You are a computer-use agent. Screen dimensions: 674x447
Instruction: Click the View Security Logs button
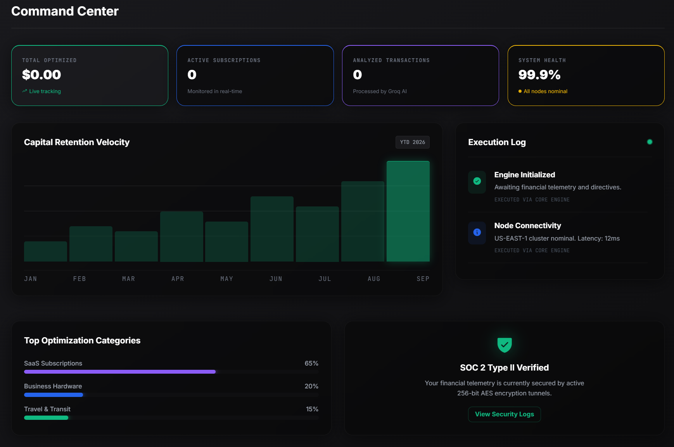pos(504,414)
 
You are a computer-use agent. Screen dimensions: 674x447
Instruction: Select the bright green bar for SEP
pos(408,211)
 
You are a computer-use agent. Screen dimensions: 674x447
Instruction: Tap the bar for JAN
pos(45,251)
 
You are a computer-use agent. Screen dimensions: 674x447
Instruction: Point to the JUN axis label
pos(276,279)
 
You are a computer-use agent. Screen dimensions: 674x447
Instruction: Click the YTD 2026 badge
pos(412,142)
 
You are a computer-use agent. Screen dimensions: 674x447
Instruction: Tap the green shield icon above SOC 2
pos(505,345)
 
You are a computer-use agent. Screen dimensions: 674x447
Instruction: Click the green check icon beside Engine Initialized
pos(477,181)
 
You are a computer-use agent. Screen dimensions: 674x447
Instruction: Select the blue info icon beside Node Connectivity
pos(477,232)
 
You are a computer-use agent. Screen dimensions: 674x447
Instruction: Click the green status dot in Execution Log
pos(650,142)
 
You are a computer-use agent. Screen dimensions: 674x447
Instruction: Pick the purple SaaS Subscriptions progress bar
pos(120,372)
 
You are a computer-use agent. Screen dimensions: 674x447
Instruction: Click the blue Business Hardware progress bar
pos(54,395)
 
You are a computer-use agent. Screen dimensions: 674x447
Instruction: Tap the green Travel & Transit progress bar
pos(46,418)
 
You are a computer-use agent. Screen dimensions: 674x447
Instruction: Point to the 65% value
pos(311,363)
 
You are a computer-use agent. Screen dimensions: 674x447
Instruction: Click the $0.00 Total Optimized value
pos(41,74)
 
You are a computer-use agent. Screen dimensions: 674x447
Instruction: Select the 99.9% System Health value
pos(539,74)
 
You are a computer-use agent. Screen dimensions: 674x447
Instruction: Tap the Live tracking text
pos(45,91)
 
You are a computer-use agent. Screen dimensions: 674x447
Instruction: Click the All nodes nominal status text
pos(545,91)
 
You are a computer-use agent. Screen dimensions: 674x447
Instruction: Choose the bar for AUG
pos(363,222)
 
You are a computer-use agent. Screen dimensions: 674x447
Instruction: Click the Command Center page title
pos(65,11)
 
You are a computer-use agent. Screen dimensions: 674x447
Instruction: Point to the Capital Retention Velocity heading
pos(77,142)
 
